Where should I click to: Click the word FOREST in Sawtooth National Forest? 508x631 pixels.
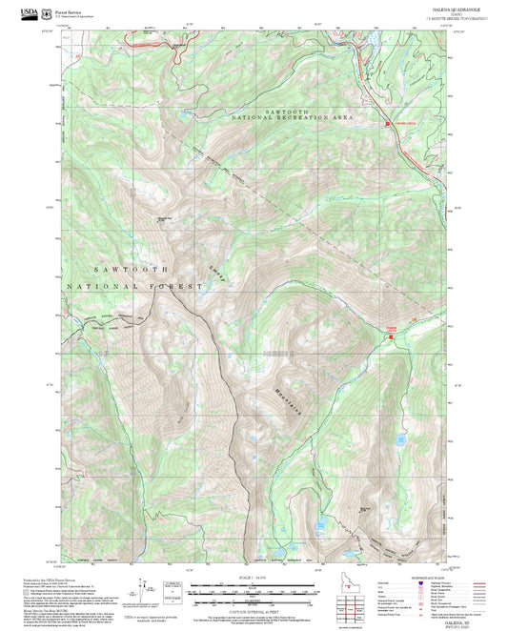tap(179, 285)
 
